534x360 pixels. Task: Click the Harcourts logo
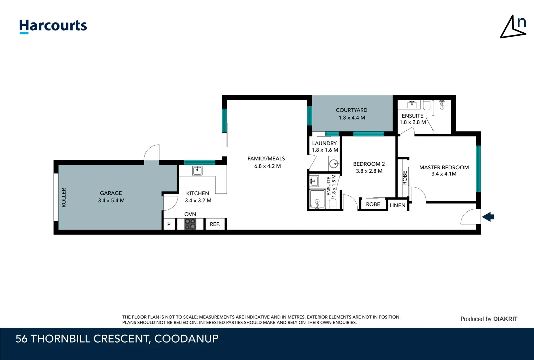tap(53, 26)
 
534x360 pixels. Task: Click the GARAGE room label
tap(111, 193)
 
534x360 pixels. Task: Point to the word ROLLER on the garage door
tap(64, 198)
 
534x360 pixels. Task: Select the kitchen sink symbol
tap(197, 171)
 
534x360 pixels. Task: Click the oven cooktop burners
tap(190, 224)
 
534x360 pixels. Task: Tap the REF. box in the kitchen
tap(215, 224)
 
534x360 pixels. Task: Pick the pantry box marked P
tap(169, 224)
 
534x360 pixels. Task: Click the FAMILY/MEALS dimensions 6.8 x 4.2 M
tap(267, 166)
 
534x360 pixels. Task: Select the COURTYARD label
tap(352, 110)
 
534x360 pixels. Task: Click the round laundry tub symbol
tap(334, 164)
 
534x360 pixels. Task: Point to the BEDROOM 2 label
tap(369, 164)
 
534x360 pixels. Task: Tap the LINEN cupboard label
tap(397, 205)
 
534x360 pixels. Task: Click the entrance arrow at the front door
tap(488, 217)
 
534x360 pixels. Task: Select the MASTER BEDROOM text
tap(444, 167)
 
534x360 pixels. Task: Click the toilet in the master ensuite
tap(427, 105)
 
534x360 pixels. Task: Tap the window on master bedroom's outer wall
tap(478, 169)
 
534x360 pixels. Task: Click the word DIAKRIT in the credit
tap(505, 319)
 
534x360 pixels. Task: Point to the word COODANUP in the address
tap(187, 339)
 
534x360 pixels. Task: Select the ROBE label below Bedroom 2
tap(373, 204)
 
